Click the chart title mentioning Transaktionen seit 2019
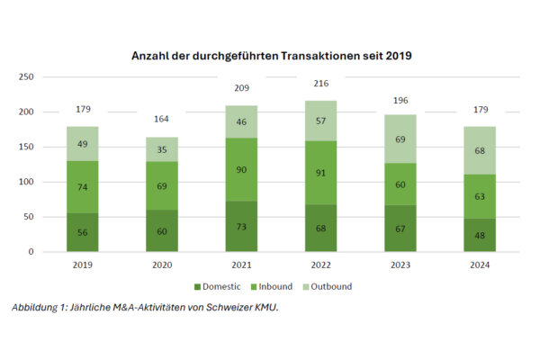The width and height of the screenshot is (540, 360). point(270,56)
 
